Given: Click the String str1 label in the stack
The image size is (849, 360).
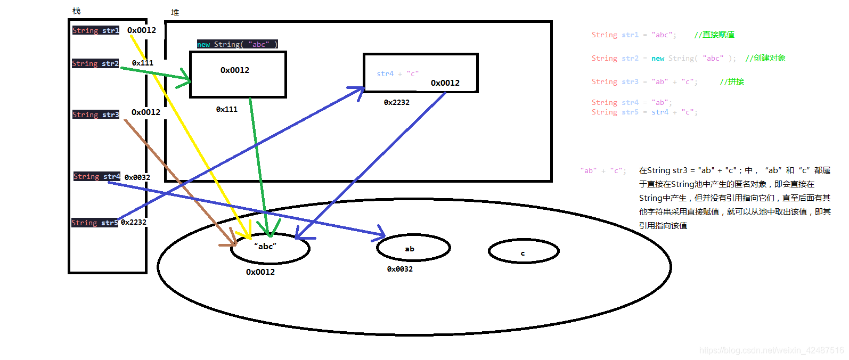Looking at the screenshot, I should tap(96, 30).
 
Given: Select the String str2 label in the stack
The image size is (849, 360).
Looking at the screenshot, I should tap(95, 63).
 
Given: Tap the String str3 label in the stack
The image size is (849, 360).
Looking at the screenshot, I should tap(96, 114).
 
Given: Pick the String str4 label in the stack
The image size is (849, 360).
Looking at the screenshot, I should tap(97, 176).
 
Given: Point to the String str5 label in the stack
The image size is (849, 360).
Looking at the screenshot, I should tap(95, 223).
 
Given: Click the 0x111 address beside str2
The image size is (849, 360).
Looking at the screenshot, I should tap(143, 63).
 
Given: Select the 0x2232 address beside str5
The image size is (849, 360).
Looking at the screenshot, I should tap(134, 222).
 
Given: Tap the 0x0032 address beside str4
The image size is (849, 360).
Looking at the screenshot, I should tap(137, 177).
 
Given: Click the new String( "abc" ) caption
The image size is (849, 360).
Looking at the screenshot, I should tap(238, 44).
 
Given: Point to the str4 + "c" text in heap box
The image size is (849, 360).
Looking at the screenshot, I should tap(397, 73).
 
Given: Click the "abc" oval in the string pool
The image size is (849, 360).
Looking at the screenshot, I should tap(270, 248).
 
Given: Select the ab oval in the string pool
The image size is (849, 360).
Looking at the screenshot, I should tap(413, 248).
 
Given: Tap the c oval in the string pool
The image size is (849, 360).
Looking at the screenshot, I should tap(523, 252).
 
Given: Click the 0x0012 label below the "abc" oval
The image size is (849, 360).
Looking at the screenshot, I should tap(260, 272).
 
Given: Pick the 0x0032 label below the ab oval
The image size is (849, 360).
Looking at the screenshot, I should tap(400, 269).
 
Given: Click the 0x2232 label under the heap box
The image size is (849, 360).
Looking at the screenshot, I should tap(397, 102).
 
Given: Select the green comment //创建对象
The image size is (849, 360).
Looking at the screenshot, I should tap(765, 58).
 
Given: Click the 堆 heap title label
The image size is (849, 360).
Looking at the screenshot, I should tap(175, 12).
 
